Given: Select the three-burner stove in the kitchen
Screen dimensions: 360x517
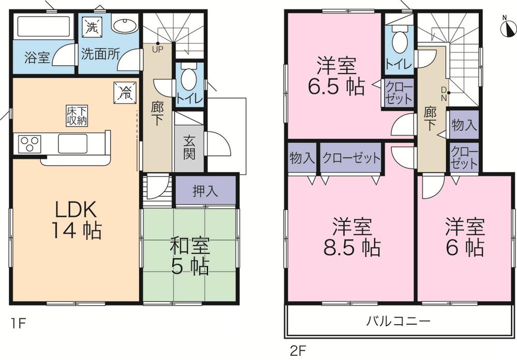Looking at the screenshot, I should coord(30,143).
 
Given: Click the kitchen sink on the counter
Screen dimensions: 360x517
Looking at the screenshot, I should coord(72,143).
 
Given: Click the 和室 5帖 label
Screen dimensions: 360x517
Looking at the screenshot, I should coord(190,256).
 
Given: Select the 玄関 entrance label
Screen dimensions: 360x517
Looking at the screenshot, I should coord(189,147).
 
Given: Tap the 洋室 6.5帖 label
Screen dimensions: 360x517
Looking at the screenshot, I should coord(335,77).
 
